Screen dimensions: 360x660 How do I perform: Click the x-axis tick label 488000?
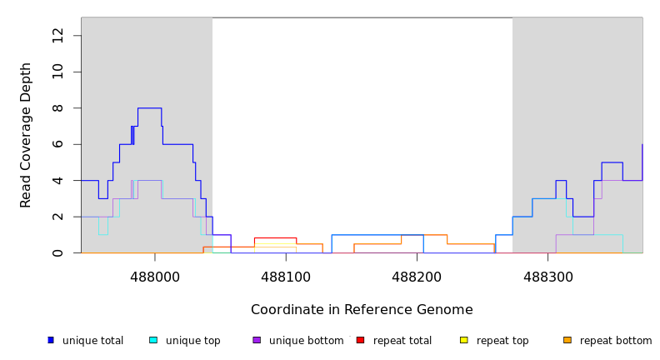click(x=155, y=277)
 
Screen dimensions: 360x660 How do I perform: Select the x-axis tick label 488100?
click(x=286, y=277)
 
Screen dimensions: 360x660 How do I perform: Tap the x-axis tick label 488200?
click(x=417, y=277)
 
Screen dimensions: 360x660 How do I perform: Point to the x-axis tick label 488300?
click(x=547, y=277)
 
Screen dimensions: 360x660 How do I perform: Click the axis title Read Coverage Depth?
click(x=26, y=135)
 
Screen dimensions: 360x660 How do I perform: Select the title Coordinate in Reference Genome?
click(x=362, y=310)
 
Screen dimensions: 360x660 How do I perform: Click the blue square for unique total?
click(x=51, y=340)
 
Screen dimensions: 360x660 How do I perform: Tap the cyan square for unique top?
click(x=153, y=340)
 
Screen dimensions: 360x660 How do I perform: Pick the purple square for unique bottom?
click(x=257, y=340)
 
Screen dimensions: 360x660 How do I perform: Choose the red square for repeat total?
click(x=360, y=340)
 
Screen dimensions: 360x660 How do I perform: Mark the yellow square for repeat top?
click(x=463, y=340)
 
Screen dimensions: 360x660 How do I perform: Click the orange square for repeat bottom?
click(x=567, y=340)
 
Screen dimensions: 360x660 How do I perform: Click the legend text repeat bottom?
click(x=616, y=341)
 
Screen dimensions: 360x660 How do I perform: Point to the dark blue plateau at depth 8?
click(x=149, y=108)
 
